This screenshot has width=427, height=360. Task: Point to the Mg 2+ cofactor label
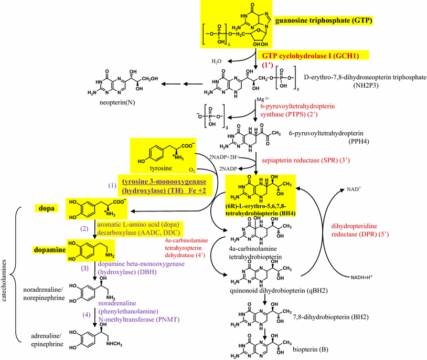[264, 99]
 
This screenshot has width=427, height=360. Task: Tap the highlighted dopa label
[45, 208]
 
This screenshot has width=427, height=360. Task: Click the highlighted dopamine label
[50, 250]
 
